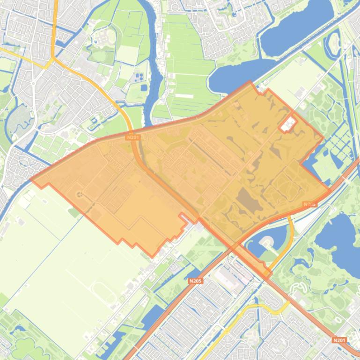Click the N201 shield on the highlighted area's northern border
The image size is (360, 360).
tap(133, 137)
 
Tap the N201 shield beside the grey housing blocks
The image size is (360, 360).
tap(339, 340)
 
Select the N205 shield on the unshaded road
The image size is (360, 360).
tap(195, 281)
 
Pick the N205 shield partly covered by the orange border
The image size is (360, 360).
tap(309, 204)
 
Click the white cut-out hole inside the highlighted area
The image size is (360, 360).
tap(287, 124)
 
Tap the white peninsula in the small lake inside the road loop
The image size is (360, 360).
tap(266, 242)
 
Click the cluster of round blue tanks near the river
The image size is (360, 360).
tap(139, 76)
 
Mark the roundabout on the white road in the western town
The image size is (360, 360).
tap(34, 84)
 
